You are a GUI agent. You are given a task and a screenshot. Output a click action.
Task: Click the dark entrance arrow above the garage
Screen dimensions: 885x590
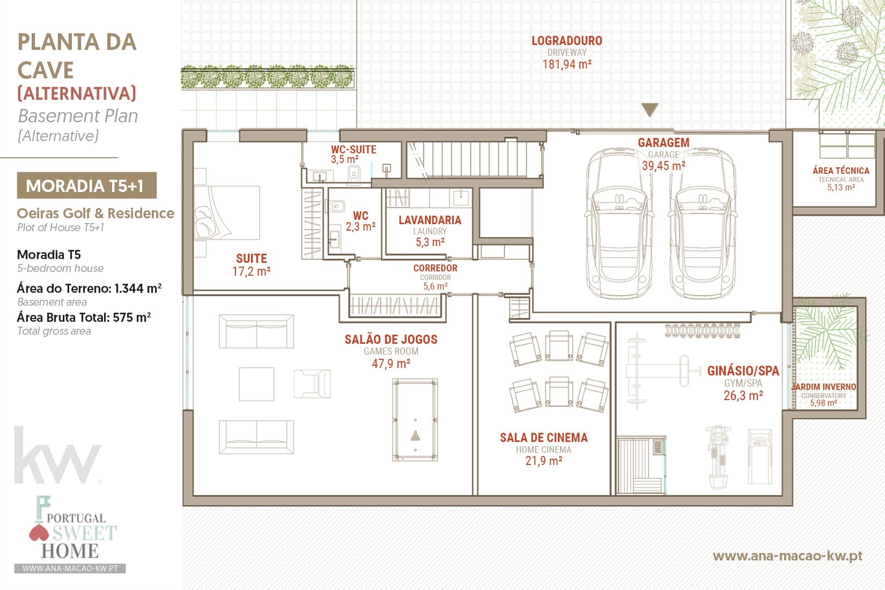(x=650, y=109)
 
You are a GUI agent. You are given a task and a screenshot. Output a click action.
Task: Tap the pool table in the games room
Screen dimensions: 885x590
(x=415, y=419)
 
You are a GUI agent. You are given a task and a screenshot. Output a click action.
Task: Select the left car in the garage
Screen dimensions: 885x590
(x=619, y=223)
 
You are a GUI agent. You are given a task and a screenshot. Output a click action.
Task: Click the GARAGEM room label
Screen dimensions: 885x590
(x=663, y=143)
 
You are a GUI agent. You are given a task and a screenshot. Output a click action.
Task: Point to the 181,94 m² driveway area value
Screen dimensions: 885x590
(x=566, y=64)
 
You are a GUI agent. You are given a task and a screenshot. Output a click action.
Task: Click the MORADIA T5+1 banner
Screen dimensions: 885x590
(x=86, y=186)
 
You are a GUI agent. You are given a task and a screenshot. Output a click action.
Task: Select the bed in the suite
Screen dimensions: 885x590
(x=227, y=212)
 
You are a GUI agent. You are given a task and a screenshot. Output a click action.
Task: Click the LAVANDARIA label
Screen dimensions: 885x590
(x=430, y=220)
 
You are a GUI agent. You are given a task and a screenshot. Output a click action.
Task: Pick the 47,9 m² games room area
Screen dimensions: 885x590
(x=391, y=363)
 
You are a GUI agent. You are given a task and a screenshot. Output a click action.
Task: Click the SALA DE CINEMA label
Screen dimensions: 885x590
(x=544, y=438)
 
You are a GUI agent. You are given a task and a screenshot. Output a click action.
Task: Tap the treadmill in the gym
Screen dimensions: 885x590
(x=759, y=457)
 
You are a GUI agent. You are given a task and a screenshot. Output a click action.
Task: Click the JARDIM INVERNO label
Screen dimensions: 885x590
(x=824, y=387)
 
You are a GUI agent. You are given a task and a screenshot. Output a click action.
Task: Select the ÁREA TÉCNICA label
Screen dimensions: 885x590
(x=841, y=171)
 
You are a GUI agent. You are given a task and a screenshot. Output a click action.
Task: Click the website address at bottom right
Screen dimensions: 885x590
(x=787, y=556)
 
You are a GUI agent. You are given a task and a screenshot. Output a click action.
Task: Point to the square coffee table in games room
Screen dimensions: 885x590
(x=256, y=384)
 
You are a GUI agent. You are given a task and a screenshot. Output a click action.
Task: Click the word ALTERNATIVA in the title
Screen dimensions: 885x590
(x=77, y=93)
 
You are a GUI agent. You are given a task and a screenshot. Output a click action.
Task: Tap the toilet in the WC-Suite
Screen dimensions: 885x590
(x=353, y=174)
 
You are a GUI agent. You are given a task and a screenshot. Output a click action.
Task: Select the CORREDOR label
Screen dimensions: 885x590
(x=435, y=268)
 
